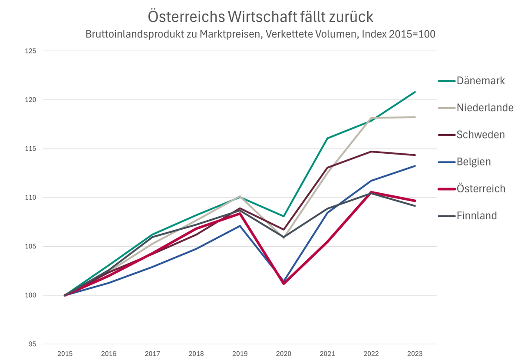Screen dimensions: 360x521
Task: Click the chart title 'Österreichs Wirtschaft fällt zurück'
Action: pos(260,17)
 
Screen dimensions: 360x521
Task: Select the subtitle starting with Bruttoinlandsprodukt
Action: pos(260,34)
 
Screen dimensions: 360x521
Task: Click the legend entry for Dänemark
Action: pos(480,80)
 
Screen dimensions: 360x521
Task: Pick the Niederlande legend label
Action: pos(485,108)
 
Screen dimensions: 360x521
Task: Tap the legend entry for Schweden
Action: pos(480,135)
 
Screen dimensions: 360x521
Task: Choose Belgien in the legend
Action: pos(473,162)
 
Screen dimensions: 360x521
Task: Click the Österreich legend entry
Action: pos(481,189)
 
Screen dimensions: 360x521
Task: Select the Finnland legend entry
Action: pos(476,216)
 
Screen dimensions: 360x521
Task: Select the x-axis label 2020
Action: pos(284,353)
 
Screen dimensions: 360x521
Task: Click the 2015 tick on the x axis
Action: pos(65,353)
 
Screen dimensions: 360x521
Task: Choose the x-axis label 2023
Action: pos(415,353)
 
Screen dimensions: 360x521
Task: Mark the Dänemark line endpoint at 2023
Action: pos(415,92)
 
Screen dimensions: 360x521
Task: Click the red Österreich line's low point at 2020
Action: pos(284,283)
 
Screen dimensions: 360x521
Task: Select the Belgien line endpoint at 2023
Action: pos(415,166)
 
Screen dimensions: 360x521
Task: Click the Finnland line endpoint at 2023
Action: pos(415,206)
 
